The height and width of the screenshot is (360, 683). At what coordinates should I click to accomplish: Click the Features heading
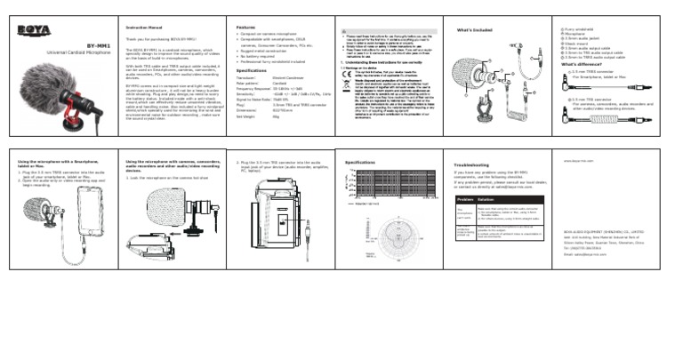[x=246, y=28]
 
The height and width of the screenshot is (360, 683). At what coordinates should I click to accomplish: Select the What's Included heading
[x=473, y=30]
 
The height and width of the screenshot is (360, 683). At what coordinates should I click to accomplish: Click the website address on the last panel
[x=578, y=163]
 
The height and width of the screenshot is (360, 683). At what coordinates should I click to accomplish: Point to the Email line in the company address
[x=584, y=253]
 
